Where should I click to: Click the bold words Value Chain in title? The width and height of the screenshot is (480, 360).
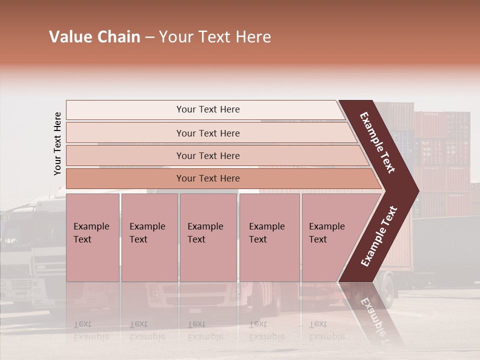click(94, 37)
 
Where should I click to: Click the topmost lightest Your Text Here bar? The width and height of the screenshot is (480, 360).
click(207, 109)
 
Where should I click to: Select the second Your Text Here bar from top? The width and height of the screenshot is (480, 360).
click(207, 133)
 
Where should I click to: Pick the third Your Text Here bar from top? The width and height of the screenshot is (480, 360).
click(207, 155)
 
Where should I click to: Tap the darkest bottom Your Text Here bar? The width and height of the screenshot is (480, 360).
click(207, 178)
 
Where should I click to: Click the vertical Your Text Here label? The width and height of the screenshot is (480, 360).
click(57, 143)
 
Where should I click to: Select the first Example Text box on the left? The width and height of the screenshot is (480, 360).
click(92, 237)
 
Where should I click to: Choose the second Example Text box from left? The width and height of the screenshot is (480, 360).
click(149, 237)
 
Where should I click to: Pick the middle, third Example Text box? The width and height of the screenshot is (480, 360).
click(208, 237)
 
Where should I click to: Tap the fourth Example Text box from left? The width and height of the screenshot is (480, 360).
click(269, 237)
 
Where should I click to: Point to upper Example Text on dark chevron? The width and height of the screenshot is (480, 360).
click(378, 142)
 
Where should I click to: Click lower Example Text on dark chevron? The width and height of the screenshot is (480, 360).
click(379, 236)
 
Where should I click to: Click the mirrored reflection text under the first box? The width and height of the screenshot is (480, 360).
click(91, 330)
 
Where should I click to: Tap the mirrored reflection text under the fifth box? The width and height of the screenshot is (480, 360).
click(326, 330)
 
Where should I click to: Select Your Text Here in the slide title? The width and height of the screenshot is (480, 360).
click(215, 37)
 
